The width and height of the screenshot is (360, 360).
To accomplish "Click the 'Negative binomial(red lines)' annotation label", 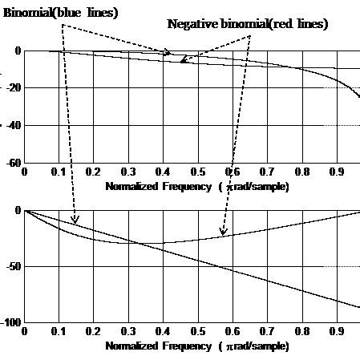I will [247, 24].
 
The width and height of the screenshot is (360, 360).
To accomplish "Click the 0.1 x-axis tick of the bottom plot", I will [59, 331].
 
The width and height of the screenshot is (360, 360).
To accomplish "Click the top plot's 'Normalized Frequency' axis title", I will [197, 185].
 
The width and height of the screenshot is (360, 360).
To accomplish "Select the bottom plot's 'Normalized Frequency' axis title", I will [197, 346].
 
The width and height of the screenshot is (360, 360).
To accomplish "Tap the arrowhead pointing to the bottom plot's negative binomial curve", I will [223, 233].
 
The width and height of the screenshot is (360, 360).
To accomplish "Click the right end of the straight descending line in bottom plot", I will [358, 307].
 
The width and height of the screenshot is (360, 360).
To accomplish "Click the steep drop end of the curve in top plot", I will [358, 99].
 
